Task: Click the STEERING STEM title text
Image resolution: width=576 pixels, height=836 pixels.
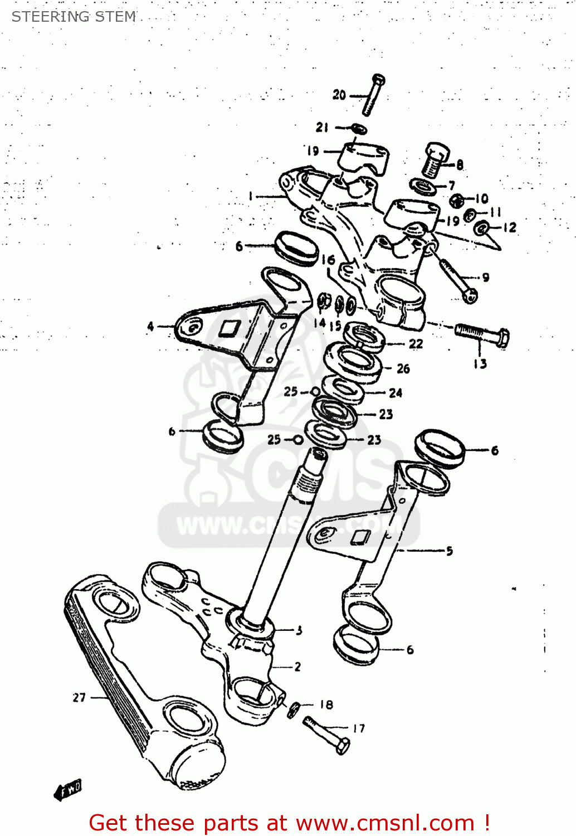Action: [x=74, y=17]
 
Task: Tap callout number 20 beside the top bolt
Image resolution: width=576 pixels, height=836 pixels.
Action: [x=339, y=95]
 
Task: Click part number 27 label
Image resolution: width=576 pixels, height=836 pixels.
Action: [x=79, y=697]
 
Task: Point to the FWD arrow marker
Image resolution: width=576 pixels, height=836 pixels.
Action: [x=67, y=790]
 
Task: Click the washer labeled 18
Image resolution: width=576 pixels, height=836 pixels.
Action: [x=294, y=709]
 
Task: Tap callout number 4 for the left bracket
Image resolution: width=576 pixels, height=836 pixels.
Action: [x=150, y=326]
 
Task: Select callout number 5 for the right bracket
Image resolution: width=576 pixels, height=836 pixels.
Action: [x=449, y=551]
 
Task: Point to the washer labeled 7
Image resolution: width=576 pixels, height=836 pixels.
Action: [x=424, y=186]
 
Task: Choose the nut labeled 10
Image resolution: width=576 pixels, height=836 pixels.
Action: [x=457, y=200]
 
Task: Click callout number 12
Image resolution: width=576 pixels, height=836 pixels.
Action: [x=509, y=227]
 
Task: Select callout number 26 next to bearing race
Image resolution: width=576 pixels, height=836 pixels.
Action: [x=403, y=368]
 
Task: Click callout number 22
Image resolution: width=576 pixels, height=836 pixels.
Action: [x=416, y=344]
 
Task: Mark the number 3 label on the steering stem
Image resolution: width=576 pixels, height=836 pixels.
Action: [x=299, y=630]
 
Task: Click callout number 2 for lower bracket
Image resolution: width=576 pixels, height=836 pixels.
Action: [x=297, y=667]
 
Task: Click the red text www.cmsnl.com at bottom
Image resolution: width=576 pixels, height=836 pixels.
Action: [x=384, y=823]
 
